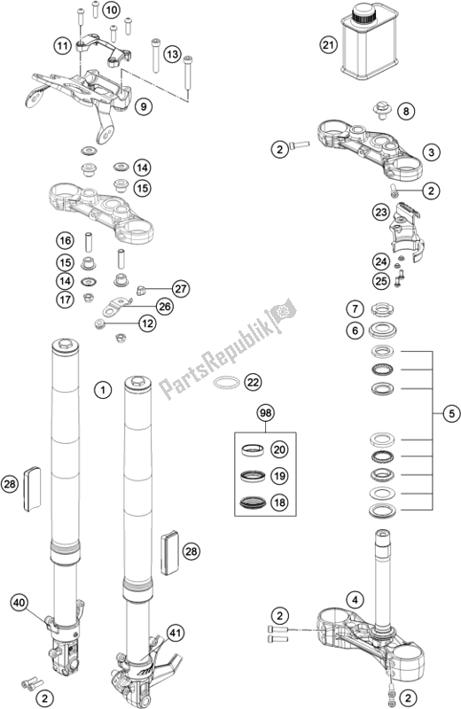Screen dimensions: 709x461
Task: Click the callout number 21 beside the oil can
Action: click(329, 45)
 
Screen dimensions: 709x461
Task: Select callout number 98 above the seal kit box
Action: click(265, 413)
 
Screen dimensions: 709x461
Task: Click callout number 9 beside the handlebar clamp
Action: click(145, 107)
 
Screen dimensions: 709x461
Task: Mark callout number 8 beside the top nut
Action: click(404, 112)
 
